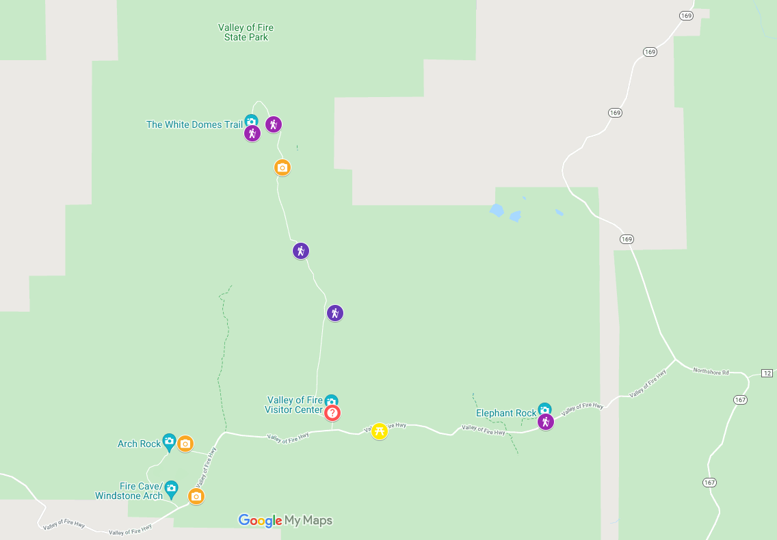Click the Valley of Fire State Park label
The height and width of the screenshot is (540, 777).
246,32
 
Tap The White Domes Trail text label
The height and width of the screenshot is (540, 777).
194,124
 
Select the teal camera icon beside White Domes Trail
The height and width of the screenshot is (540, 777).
251,121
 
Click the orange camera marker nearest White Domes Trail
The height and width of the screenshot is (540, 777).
282,167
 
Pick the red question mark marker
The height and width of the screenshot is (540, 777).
332,413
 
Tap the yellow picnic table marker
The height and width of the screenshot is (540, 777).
380,431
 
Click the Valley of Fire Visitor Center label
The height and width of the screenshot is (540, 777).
294,405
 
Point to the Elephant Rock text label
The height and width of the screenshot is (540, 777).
506,413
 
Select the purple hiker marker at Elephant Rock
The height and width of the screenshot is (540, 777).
545,422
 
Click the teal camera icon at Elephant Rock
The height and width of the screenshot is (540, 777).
544,409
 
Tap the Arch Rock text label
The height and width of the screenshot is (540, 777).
139,444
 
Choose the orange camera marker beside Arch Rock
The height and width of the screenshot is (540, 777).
185,444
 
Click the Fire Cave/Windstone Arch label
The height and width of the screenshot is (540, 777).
129,491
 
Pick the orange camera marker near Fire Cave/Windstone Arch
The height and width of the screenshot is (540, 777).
196,496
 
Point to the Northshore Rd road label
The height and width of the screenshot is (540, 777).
711,371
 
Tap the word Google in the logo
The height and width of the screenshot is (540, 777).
260,521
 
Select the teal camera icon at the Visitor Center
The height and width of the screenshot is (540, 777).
331,401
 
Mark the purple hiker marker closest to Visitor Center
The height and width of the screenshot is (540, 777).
334,313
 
